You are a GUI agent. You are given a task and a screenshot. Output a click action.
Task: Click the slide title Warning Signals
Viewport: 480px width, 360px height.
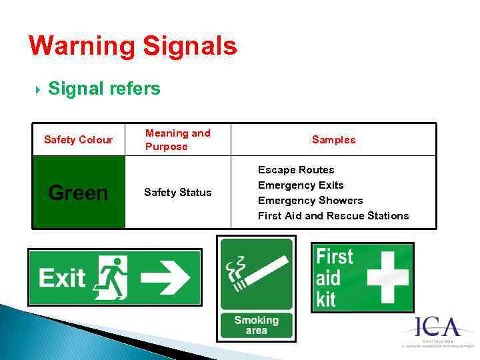coord(133,46)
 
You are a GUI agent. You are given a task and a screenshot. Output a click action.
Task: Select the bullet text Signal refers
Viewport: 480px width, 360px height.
coord(104,89)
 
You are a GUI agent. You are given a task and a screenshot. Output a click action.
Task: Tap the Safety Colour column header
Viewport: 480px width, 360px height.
coord(78,139)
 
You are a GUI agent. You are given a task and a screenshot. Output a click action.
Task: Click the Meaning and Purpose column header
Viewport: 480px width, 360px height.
coord(177,139)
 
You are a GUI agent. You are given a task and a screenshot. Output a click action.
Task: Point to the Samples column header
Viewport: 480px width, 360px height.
coord(333,139)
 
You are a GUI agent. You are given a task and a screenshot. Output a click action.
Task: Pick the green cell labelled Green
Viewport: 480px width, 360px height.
coord(78,193)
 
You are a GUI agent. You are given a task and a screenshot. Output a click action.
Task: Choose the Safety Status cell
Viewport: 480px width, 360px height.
coord(177,193)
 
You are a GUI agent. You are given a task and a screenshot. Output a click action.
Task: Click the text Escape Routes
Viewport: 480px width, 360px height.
coord(296,170)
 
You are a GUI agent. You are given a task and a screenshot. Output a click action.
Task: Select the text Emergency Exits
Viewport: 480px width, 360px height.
coord(301,185)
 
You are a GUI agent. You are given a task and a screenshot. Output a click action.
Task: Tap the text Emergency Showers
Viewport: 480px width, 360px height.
coord(310,201)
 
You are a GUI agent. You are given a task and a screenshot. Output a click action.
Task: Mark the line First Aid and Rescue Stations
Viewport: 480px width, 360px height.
coord(333,216)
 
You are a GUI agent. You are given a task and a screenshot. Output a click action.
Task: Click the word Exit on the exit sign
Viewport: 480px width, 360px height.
coord(62,278)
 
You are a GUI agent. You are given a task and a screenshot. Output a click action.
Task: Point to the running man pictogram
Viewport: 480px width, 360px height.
coord(112,278)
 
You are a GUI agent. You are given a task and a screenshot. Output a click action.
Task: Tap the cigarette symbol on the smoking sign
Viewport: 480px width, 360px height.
coord(256,273)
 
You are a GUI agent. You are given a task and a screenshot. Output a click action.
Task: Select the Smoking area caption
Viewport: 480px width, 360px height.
coord(256,325)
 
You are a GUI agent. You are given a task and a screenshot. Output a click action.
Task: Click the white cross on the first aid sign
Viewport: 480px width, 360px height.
coord(386,277)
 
